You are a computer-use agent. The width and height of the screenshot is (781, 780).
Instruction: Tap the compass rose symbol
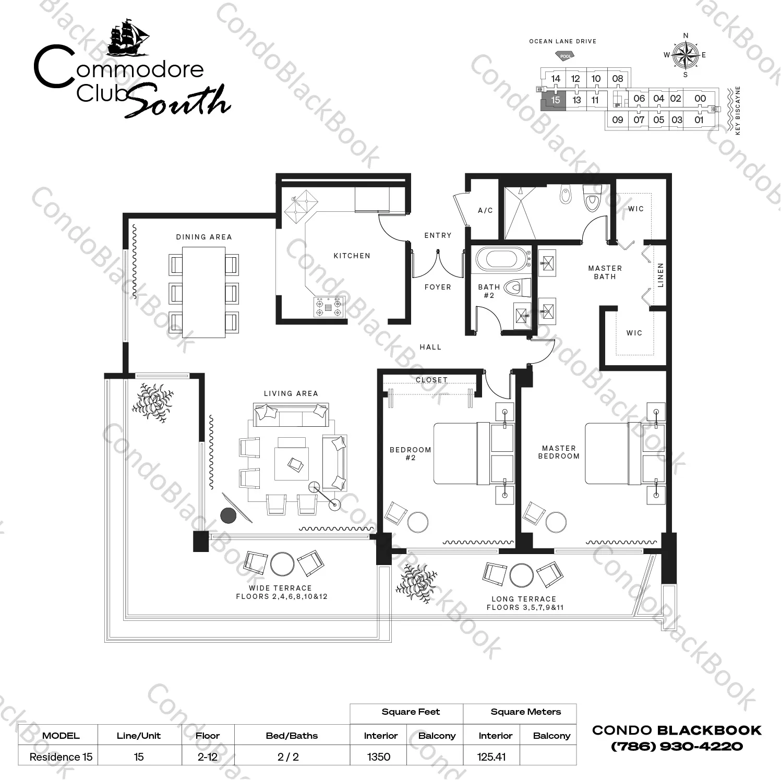pos(685,54)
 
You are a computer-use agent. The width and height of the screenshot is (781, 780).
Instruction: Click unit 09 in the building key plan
pos(617,120)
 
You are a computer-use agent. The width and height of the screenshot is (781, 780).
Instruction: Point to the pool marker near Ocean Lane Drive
pos(564,55)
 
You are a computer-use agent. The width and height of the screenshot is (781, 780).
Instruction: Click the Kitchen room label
pos(352,256)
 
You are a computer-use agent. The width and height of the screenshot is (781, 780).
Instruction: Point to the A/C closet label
pos(485,210)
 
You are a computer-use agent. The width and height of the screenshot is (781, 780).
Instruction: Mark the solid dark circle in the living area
pos(228,515)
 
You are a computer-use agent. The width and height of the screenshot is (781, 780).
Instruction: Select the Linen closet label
pos(660,275)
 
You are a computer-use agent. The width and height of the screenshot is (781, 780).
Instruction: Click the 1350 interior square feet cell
pos(379,757)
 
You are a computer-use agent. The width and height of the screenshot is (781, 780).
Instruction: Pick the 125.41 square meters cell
pos(491,757)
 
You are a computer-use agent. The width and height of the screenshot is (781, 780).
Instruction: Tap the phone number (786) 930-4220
pos(677,746)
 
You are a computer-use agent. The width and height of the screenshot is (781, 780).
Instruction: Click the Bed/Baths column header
pos(292,736)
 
